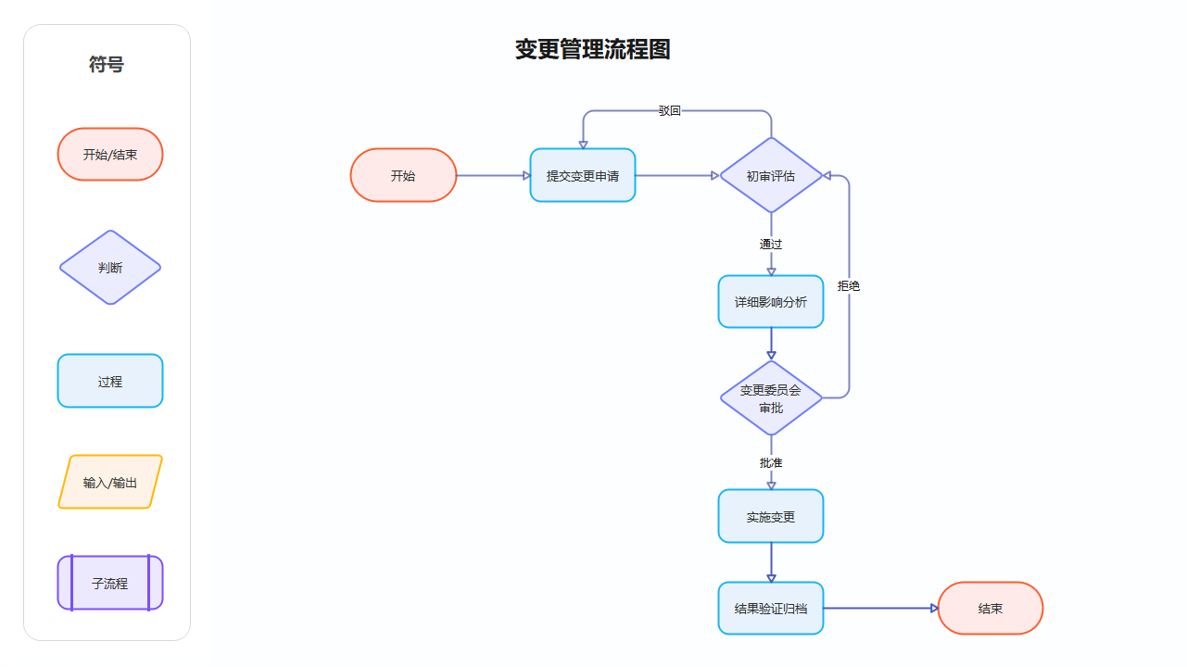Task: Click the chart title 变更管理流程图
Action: click(x=593, y=50)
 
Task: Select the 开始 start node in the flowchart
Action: click(x=403, y=175)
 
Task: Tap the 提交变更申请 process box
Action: click(x=583, y=175)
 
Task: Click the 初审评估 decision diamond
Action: click(x=771, y=175)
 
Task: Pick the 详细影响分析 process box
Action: click(x=771, y=302)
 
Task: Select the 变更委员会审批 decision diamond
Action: click(x=771, y=398)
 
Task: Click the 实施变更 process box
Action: click(x=771, y=516)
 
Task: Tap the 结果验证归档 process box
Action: click(x=771, y=609)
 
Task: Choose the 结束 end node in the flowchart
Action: click(x=991, y=609)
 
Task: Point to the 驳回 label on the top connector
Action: click(x=670, y=111)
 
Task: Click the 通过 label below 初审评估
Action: click(x=771, y=245)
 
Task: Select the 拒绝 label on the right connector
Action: click(x=849, y=286)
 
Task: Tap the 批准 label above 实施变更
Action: click(x=771, y=462)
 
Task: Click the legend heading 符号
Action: click(x=107, y=65)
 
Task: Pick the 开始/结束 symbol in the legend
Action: click(x=110, y=155)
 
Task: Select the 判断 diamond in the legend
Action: click(x=110, y=268)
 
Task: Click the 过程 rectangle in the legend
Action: click(x=110, y=381)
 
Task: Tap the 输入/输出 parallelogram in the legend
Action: click(x=110, y=483)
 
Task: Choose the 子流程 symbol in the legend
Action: click(x=110, y=584)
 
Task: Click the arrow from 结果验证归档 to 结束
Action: click(x=880, y=609)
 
